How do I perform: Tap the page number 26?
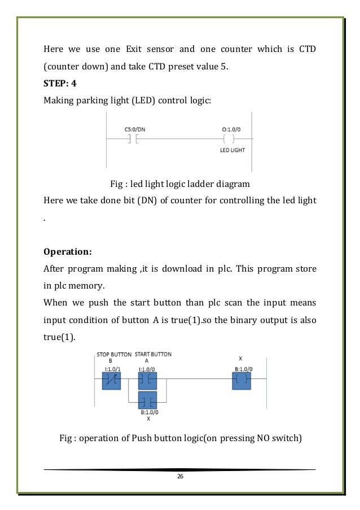tap(180, 477)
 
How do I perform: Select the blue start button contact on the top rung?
tap(148, 380)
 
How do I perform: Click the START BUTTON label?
tap(153, 354)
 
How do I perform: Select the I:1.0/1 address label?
tap(112, 368)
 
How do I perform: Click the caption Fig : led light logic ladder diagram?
tap(179, 183)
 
